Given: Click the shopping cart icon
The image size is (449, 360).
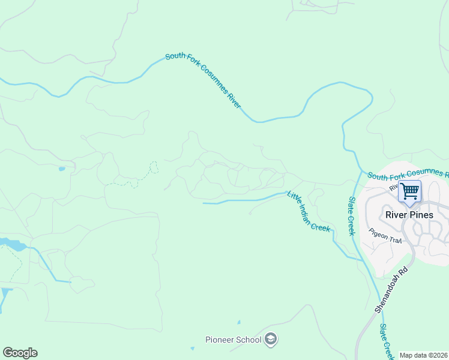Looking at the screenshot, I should pos(410,192).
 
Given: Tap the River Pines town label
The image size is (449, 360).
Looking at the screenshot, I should pos(409,215).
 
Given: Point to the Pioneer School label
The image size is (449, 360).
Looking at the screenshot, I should pos(234,340).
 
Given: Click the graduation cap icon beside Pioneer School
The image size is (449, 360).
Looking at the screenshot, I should pos(271,340).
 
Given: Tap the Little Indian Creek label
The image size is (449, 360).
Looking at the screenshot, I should pos(309,211).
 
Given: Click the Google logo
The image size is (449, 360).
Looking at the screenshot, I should pos(20,353).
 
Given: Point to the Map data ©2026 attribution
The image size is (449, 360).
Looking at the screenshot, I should pos(423,355).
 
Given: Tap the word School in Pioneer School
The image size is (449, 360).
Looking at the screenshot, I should pos(249,340).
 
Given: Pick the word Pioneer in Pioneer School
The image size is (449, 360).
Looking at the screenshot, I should pos(219,340).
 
